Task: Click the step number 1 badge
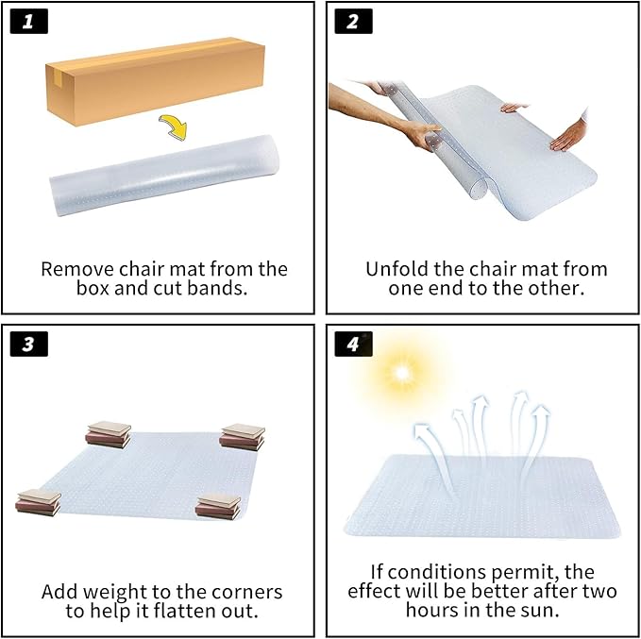(28, 22)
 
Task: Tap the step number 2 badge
(353, 22)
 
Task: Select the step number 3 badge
(28, 344)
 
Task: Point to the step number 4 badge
(353, 344)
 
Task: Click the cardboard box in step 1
(156, 81)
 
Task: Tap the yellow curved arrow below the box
(174, 126)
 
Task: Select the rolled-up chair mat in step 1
(164, 175)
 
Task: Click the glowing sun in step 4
(402, 373)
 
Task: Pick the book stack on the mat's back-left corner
(109, 434)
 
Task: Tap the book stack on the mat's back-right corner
(242, 437)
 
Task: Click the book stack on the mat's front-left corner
(39, 502)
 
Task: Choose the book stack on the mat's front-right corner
(218, 507)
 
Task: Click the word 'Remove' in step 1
(77, 269)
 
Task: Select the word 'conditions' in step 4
(437, 572)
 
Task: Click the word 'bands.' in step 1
(217, 288)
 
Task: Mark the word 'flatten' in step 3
(185, 612)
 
